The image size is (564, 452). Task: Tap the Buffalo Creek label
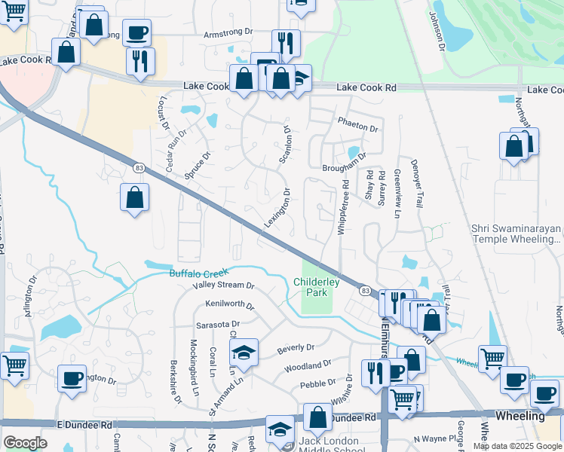(x=198, y=273)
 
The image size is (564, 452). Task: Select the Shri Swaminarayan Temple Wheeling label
(x=516, y=234)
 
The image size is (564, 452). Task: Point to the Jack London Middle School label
(x=333, y=441)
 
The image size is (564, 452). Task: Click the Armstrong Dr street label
(x=228, y=34)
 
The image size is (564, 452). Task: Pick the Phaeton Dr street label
(x=357, y=128)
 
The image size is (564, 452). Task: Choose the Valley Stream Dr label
(x=223, y=286)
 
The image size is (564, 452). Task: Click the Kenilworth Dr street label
(x=230, y=306)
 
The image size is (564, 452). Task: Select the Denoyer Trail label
(x=416, y=183)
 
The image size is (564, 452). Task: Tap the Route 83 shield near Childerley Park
(x=365, y=290)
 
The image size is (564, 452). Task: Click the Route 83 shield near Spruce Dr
(x=138, y=167)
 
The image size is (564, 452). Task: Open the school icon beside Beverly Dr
(x=244, y=353)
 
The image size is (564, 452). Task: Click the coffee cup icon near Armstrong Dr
(x=136, y=32)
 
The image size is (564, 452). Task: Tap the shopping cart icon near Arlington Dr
(x=14, y=366)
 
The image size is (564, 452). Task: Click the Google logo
(x=25, y=443)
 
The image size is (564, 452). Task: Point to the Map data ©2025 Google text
(x=516, y=446)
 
